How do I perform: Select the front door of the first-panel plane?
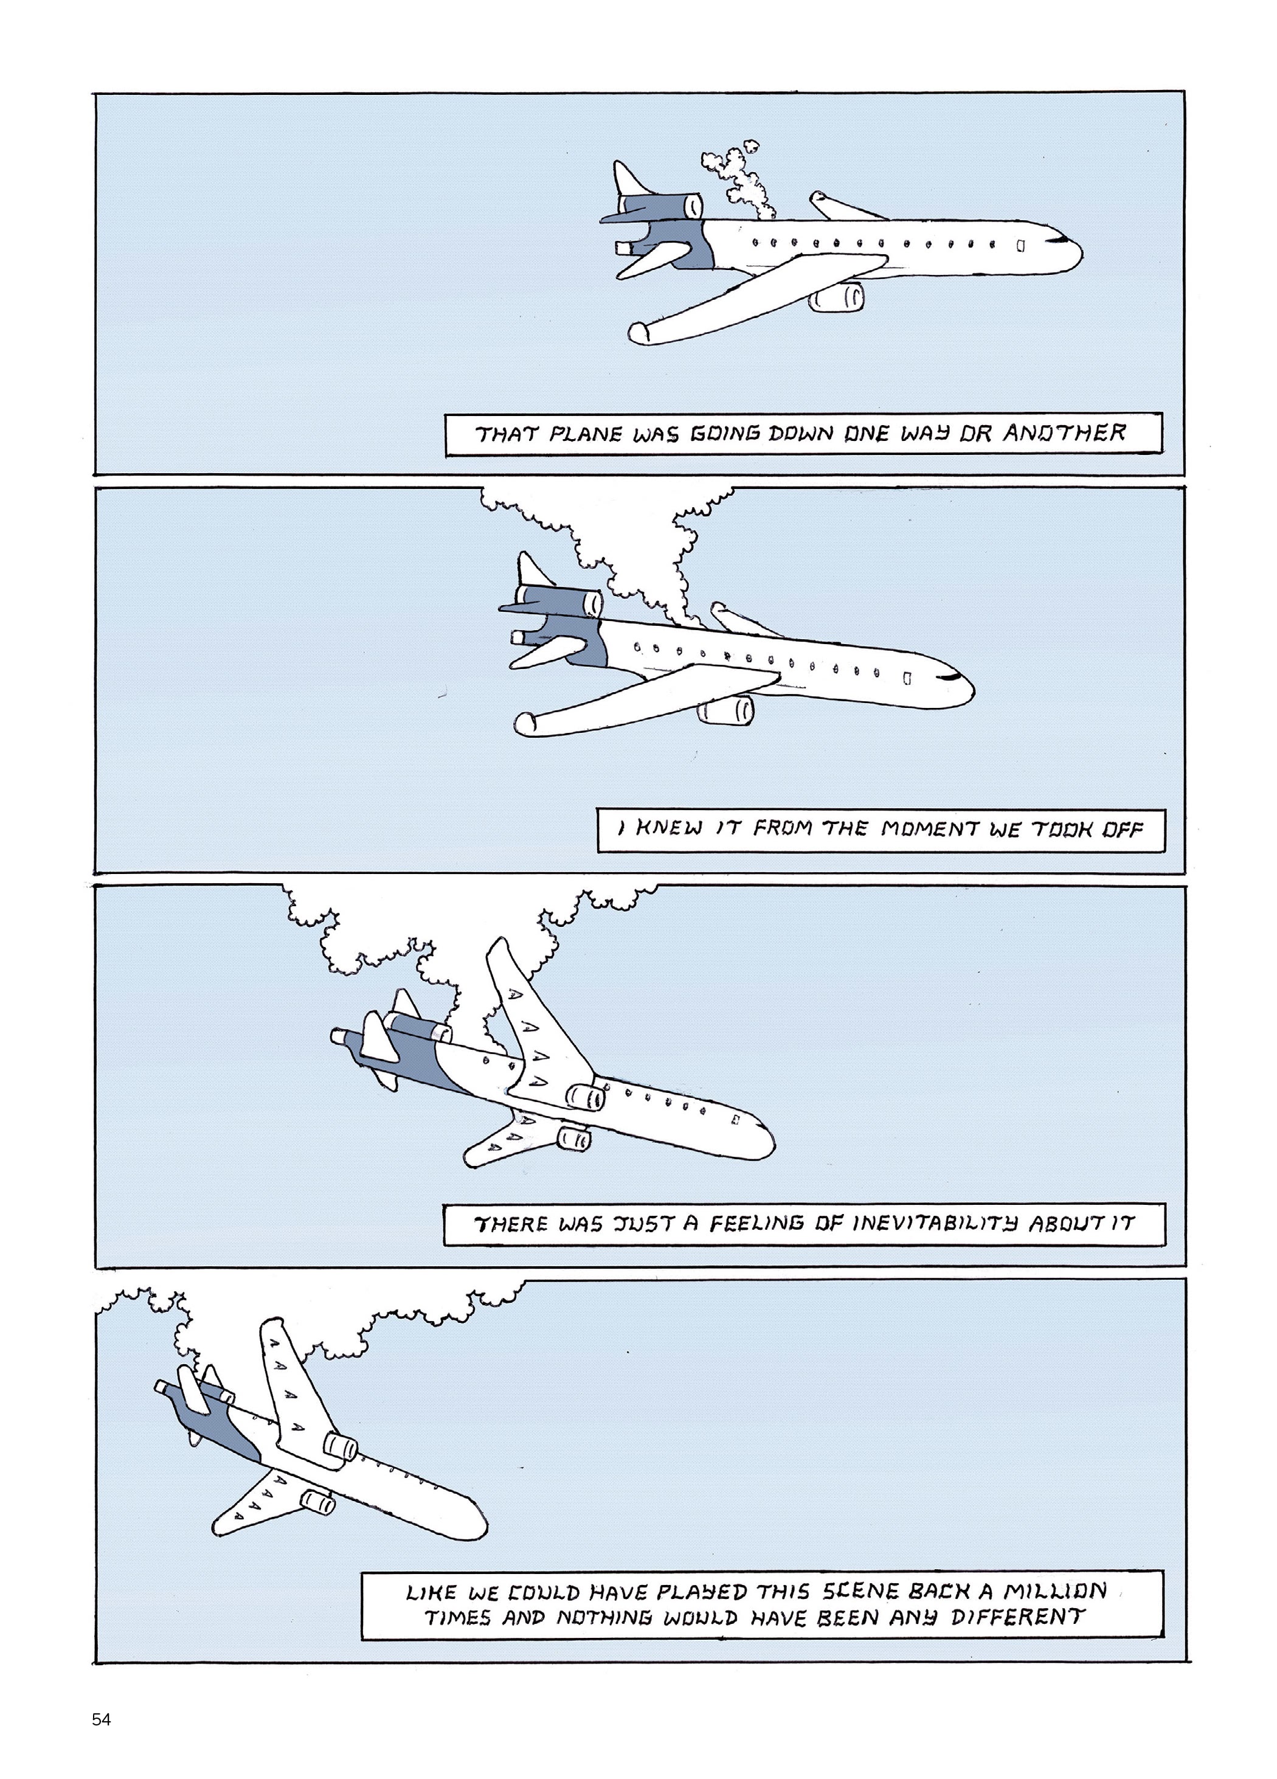[x=1020, y=246]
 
